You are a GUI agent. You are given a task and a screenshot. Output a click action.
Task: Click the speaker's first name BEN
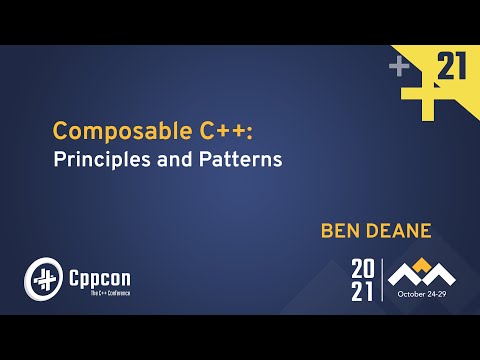[x=341, y=231]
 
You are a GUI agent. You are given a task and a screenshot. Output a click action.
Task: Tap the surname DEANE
[x=400, y=231]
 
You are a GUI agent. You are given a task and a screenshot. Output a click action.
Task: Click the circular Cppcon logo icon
[x=42, y=276]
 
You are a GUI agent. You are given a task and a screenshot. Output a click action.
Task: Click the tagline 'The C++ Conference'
[x=97, y=291]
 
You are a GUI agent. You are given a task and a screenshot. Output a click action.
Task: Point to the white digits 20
[x=363, y=268]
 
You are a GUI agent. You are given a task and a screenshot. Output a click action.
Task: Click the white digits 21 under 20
[x=363, y=291]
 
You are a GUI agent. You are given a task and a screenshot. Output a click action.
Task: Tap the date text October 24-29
[x=425, y=295]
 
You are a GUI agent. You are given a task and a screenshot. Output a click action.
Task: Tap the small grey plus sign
[x=400, y=67]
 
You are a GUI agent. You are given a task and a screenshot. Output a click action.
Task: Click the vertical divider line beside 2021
[x=382, y=279]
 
